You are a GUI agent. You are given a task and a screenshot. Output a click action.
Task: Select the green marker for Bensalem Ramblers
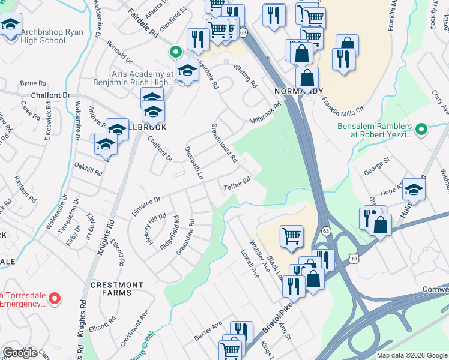[421, 128]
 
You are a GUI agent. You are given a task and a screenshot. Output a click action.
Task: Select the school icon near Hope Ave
[414, 190]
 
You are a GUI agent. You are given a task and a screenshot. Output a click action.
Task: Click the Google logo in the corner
[20, 353]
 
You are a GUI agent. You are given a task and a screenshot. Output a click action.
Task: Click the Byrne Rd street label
[33, 83]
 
